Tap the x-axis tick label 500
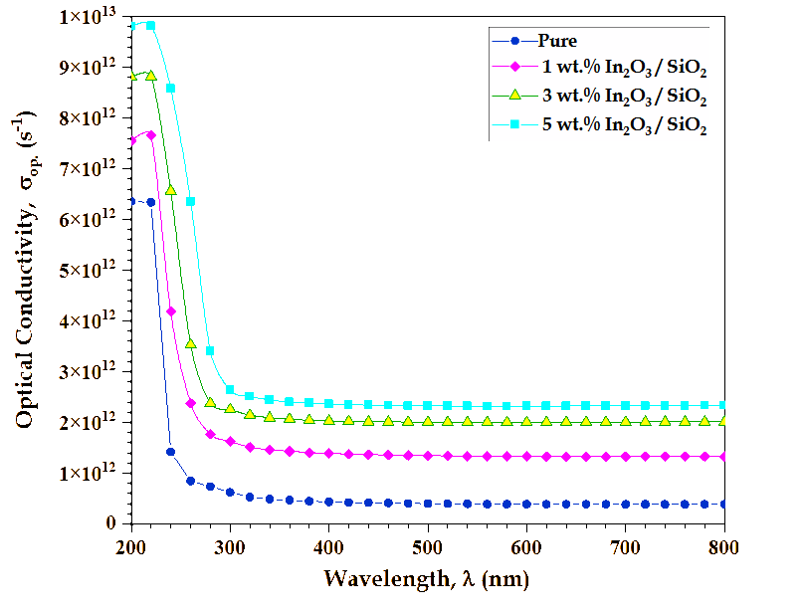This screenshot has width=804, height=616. point(428,546)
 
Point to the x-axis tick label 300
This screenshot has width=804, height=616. point(230,546)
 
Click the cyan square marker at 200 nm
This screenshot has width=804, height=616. point(131,25)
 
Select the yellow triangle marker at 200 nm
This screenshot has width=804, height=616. point(131,76)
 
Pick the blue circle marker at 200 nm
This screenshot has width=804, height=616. point(131,202)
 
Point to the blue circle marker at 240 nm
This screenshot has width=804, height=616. point(170,452)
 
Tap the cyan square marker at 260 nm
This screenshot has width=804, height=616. point(190,202)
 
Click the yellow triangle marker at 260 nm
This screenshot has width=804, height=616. point(190,343)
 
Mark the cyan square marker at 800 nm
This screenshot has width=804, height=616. point(724,405)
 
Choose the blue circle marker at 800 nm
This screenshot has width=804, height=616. point(724,505)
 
